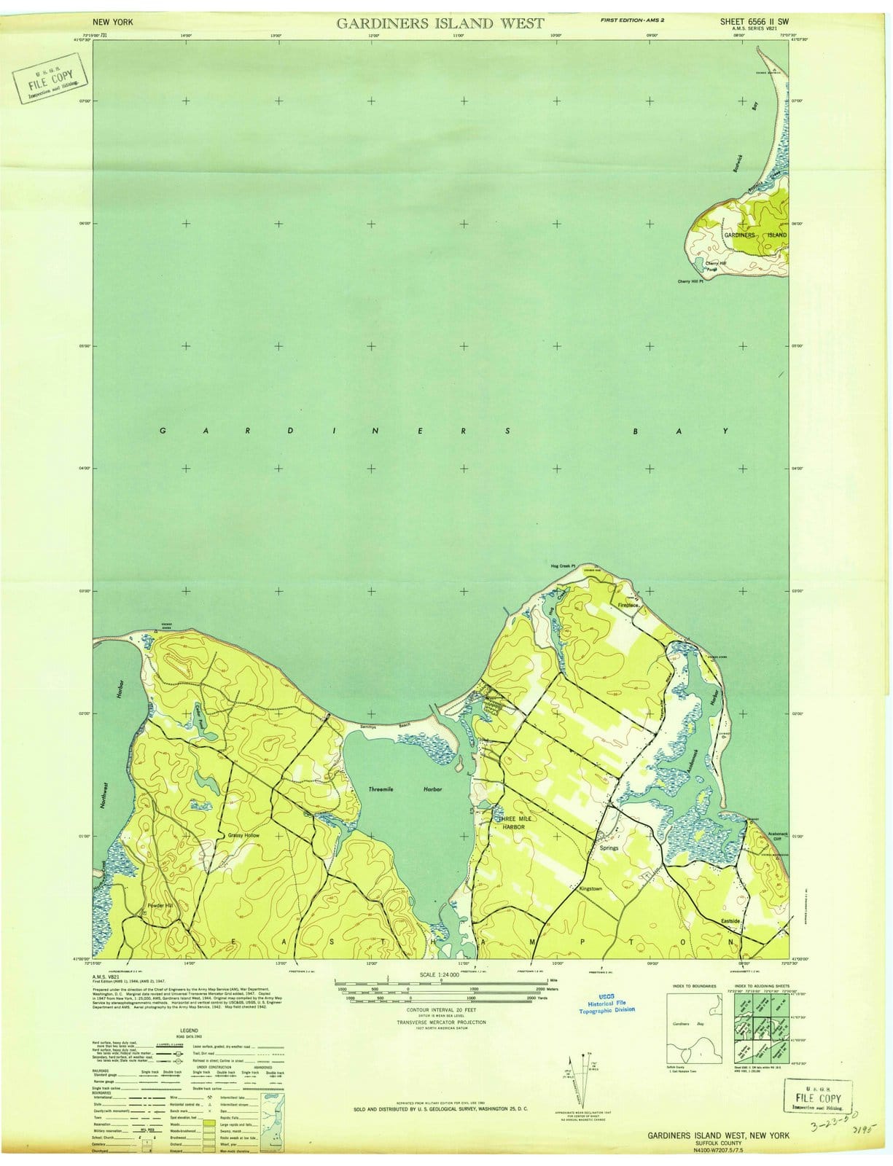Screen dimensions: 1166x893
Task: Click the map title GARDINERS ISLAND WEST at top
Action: (x=440, y=23)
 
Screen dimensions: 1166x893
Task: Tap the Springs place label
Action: (x=609, y=848)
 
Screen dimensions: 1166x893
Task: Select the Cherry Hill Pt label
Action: (x=693, y=281)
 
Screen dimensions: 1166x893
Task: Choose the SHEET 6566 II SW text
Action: (x=753, y=22)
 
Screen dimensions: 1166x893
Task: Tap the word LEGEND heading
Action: (x=189, y=1030)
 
